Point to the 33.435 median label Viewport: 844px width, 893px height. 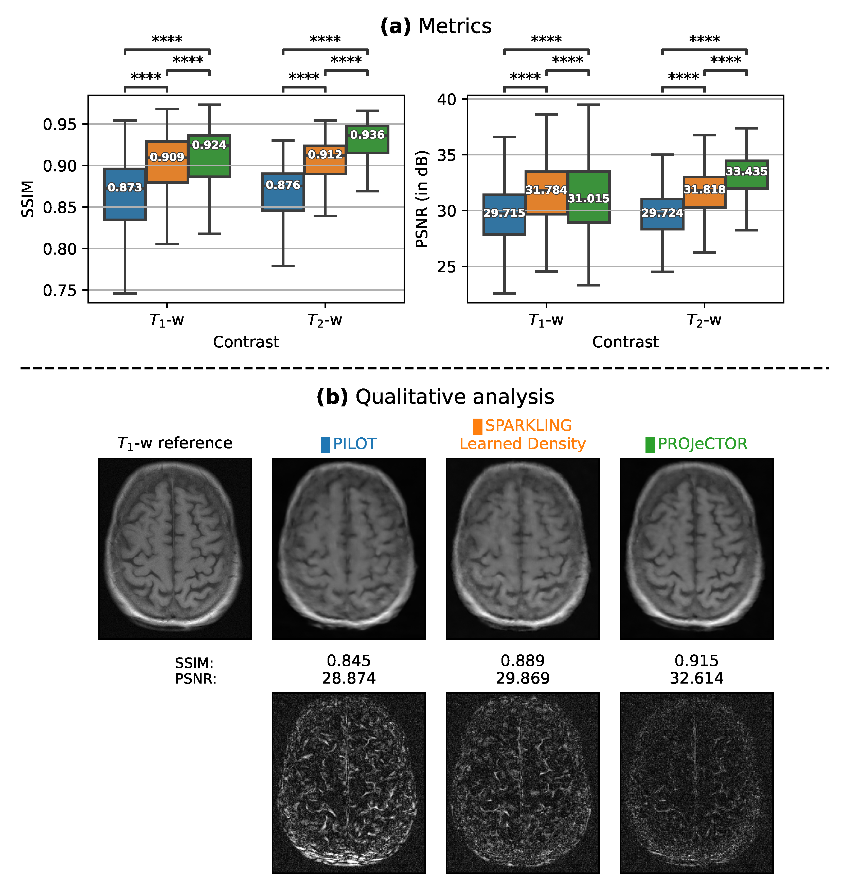point(746,171)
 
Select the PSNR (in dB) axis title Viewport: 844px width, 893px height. point(422,199)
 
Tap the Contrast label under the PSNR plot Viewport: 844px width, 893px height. point(625,342)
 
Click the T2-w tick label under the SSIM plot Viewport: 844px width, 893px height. point(325,320)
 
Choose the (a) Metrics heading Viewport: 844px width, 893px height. point(436,26)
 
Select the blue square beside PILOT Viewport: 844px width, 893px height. point(325,444)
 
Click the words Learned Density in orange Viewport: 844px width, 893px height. point(522,444)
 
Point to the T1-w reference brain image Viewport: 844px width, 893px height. point(175,548)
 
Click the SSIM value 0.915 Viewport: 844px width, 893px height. point(696,661)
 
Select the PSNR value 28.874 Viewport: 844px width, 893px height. point(349,678)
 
